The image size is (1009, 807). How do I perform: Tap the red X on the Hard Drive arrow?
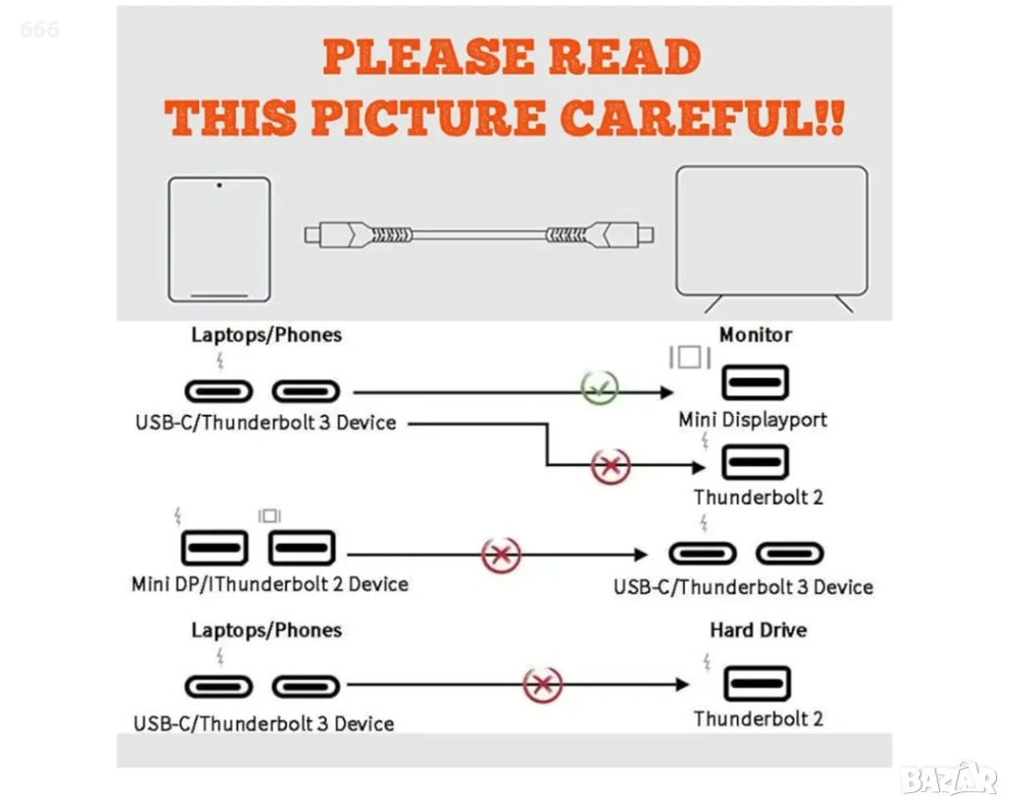click(542, 685)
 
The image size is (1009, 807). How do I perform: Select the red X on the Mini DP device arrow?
click(501, 555)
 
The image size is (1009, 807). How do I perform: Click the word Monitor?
click(755, 335)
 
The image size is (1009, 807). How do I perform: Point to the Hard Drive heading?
click(758, 630)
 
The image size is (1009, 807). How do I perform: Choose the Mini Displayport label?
click(753, 420)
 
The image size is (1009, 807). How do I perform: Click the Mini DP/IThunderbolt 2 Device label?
click(270, 584)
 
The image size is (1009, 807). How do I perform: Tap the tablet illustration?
click(219, 238)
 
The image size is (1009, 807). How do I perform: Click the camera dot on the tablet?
click(219, 184)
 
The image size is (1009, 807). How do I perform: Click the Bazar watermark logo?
click(948, 778)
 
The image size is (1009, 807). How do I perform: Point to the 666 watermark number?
click(39, 30)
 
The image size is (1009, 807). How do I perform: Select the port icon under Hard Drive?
click(757, 683)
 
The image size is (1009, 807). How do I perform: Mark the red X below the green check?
click(610, 465)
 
